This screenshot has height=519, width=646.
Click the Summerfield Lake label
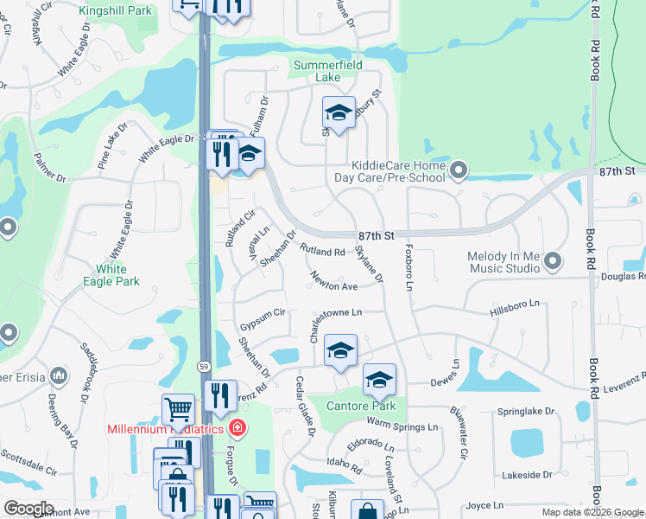(x=327, y=71)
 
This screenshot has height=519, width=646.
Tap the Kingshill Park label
(x=115, y=11)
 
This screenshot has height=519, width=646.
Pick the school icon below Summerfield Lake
(x=339, y=112)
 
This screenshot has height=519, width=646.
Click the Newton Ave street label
(x=334, y=283)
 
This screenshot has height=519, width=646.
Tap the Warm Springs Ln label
(x=402, y=425)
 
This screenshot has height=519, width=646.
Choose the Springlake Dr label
(x=524, y=412)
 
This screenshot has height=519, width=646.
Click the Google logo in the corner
(x=28, y=509)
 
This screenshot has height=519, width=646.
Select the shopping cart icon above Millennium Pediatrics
(x=178, y=408)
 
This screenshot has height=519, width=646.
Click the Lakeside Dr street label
(x=525, y=474)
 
